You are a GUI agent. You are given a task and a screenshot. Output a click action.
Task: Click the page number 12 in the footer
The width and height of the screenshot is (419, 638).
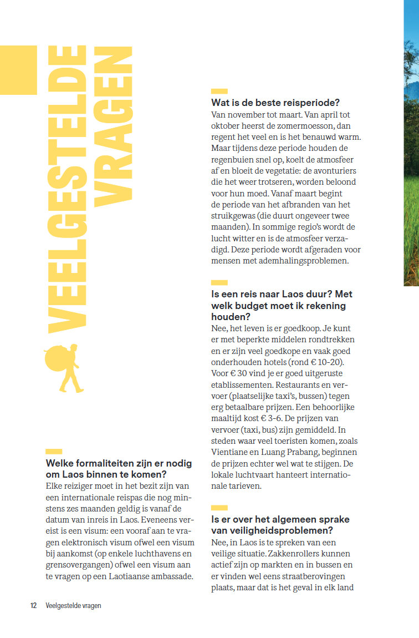point(33,606)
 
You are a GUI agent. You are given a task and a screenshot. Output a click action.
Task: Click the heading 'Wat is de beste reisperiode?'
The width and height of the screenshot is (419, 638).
point(275,103)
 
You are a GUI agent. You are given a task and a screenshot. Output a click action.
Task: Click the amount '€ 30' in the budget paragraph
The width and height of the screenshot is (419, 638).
point(238,373)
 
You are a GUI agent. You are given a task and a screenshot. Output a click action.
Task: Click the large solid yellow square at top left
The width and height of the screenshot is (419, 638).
point(18,70)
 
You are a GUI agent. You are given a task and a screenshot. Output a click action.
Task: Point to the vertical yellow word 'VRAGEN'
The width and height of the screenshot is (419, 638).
point(113,128)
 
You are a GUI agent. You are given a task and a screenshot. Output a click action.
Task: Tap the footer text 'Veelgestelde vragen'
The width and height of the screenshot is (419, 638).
point(73,606)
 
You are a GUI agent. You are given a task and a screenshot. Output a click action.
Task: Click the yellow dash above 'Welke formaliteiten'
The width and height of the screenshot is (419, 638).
point(53,452)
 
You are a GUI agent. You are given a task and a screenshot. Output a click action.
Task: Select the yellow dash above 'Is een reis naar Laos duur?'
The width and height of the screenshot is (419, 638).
point(219,283)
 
